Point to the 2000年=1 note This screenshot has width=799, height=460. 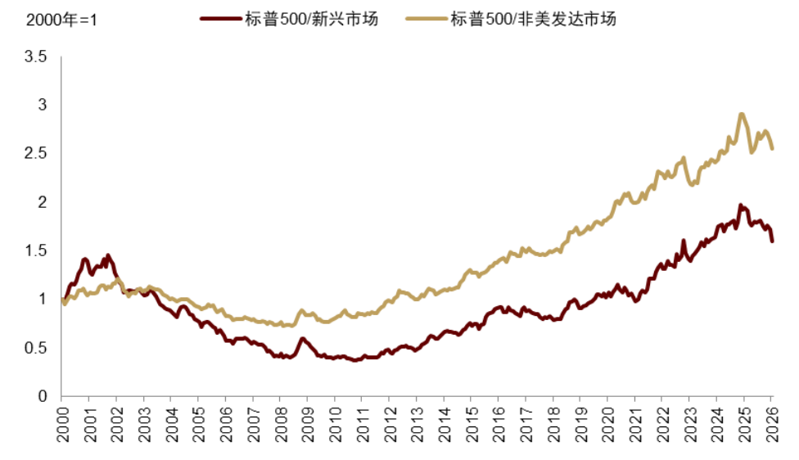[x=50, y=19]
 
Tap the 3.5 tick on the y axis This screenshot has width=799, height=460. [x=36, y=57]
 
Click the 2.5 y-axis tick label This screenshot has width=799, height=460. [x=36, y=154]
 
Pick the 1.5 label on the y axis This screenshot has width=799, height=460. [x=36, y=250]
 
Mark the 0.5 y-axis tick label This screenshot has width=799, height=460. [x=36, y=348]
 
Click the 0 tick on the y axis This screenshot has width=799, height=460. [x=43, y=396]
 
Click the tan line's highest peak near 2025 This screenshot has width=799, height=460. [x=742, y=115]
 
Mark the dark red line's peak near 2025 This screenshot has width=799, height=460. [x=741, y=205]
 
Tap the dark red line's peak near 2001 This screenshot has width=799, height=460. [x=85, y=259]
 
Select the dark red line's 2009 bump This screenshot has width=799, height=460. [x=302, y=339]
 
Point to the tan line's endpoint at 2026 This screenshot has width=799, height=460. [x=772, y=147]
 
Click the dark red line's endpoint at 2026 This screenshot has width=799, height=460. [x=772, y=240]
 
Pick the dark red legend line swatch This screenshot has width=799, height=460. [x=223, y=19]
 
